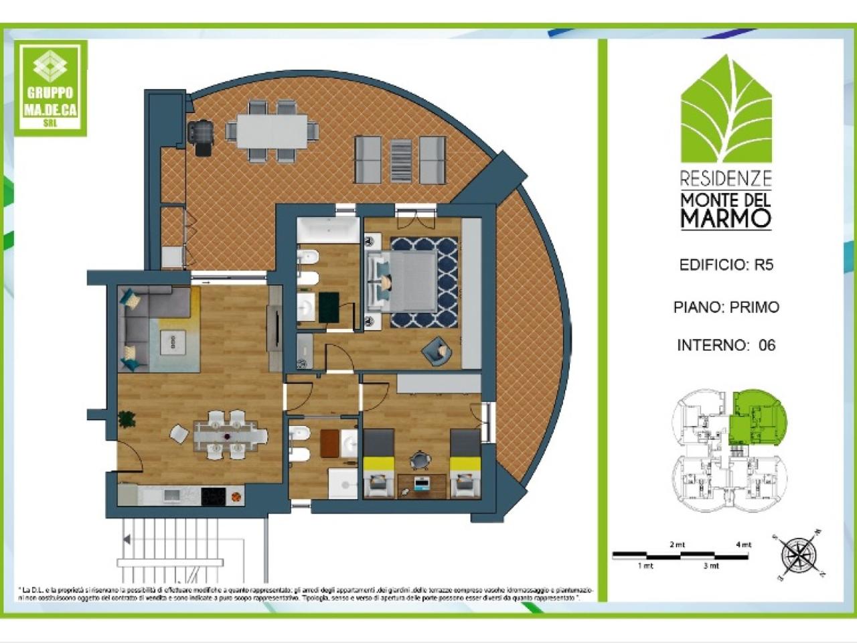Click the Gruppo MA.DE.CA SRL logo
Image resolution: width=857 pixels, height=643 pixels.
[x=51, y=88]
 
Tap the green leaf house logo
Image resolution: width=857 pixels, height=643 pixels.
[x=726, y=110]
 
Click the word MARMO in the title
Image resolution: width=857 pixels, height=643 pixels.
[x=726, y=218]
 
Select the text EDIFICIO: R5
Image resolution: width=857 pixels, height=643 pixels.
[x=726, y=265]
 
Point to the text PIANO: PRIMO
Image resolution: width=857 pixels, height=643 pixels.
[x=726, y=307]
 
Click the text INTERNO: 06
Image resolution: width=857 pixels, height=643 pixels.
[x=726, y=345]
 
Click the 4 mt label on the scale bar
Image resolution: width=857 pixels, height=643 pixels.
[x=743, y=545]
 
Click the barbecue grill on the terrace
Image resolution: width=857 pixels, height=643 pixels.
[x=201, y=136]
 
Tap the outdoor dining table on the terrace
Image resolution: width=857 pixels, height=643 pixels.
[x=271, y=130]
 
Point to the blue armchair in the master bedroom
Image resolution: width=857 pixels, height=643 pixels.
[x=435, y=350]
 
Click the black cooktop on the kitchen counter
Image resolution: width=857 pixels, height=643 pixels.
[x=214, y=496]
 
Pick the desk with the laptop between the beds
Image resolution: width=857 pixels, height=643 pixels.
[x=420, y=485]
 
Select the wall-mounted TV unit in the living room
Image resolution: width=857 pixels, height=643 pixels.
[x=275, y=328]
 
